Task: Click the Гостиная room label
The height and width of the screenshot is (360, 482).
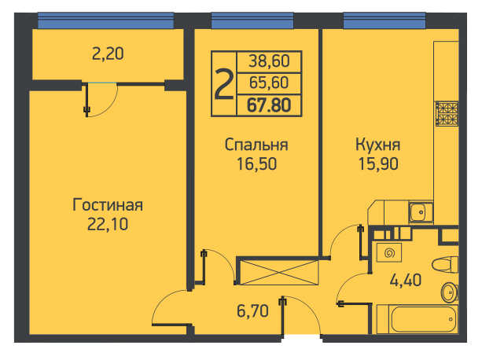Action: tap(108, 205)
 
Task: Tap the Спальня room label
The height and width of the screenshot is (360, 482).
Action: tap(256, 145)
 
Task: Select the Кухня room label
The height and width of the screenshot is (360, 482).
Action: tap(377, 145)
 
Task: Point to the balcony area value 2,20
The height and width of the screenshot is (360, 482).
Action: tap(108, 53)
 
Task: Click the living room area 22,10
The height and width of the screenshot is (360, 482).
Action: tap(108, 224)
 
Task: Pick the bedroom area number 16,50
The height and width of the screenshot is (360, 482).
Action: tap(256, 163)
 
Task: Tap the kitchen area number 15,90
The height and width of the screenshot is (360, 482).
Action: tap(378, 163)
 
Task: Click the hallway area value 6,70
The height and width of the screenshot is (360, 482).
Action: tap(252, 310)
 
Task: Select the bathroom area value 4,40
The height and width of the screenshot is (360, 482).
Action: tap(406, 280)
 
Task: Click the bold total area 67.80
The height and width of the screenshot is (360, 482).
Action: tap(269, 105)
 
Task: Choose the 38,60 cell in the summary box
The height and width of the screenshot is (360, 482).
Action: tap(269, 61)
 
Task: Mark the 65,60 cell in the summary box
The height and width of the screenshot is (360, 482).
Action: tap(269, 83)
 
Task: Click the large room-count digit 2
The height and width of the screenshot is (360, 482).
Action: tap(223, 84)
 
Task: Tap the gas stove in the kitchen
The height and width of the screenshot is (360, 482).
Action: tap(447, 114)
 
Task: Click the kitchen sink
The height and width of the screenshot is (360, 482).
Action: tap(421, 211)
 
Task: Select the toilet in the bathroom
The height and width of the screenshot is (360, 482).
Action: tap(445, 264)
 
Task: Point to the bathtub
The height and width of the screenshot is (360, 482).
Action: tap(418, 319)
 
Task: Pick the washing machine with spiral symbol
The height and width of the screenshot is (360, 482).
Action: tap(389, 252)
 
